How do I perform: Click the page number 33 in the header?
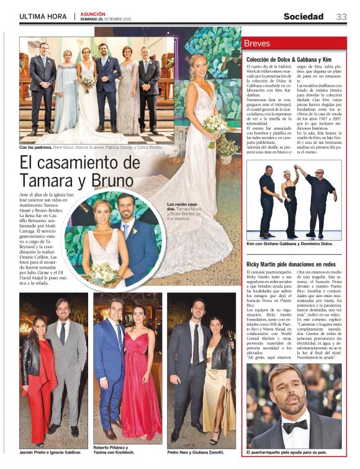click(x=341, y=16)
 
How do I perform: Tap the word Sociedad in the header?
click(x=304, y=16)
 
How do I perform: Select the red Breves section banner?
click(x=294, y=43)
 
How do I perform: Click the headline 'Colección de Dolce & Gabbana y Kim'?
click(x=294, y=60)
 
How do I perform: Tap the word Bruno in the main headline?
click(x=112, y=181)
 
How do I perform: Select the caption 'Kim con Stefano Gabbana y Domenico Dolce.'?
click(x=290, y=244)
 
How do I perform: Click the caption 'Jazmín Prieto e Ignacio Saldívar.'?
click(x=50, y=452)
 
